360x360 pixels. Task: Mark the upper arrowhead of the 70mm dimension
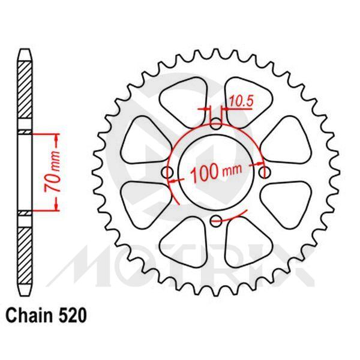pos(58,137)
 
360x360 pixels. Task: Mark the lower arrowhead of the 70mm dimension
pos(58,208)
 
